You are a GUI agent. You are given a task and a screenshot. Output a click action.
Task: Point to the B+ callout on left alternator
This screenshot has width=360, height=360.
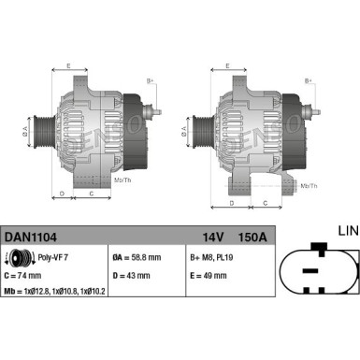151,80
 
